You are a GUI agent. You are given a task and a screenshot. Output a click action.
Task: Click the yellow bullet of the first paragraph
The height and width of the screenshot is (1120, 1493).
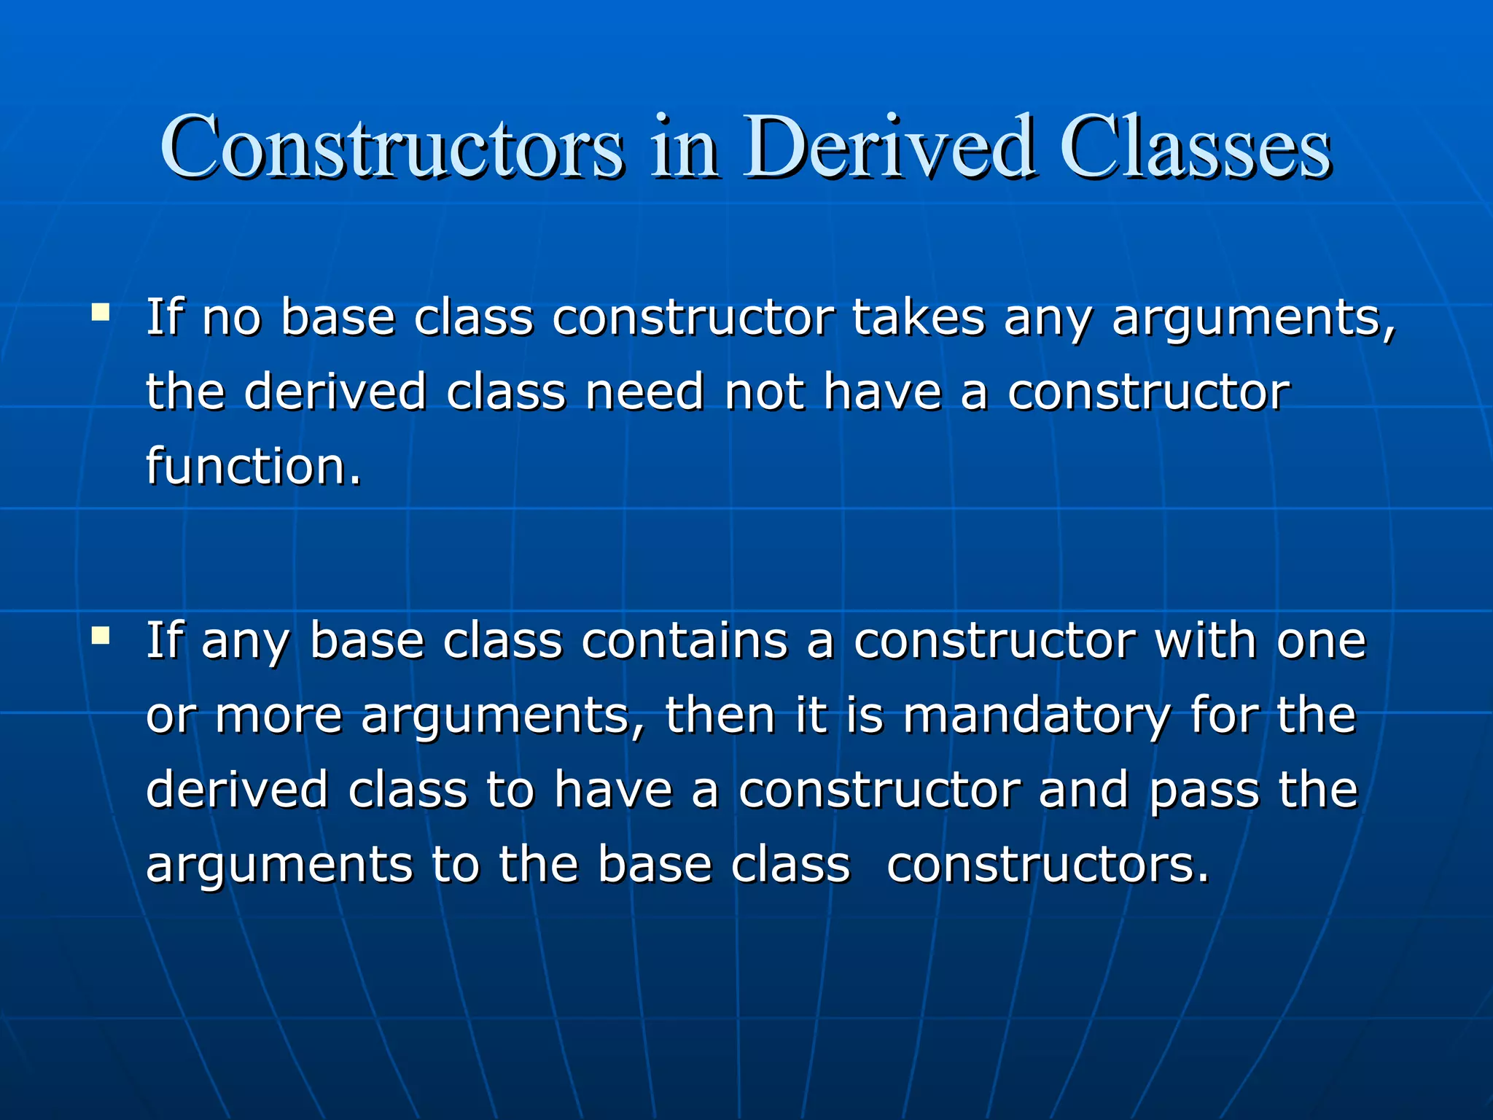pyautogui.click(x=101, y=314)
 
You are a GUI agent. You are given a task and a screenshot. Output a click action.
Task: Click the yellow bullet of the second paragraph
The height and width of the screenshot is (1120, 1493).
pyautogui.click(x=101, y=636)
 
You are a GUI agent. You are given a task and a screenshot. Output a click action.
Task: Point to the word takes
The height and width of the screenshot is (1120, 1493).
pyautogui.click(x=919, y=318)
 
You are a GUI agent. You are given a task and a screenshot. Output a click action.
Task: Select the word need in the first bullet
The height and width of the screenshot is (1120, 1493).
pyautogui.click(x=644, y=392)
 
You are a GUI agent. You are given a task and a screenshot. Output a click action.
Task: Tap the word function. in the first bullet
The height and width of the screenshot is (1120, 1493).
pyautogui.click(x=253, y=467)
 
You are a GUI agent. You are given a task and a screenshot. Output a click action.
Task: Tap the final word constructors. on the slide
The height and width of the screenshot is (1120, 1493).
pyautogui.click(x=1048, y=866)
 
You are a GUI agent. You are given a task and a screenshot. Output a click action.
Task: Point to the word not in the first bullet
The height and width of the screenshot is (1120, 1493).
pyautogui.click(x=765, y=392)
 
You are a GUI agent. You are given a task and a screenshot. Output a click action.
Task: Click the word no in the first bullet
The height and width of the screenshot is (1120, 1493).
pyautogui.click(x=231, y=319)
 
